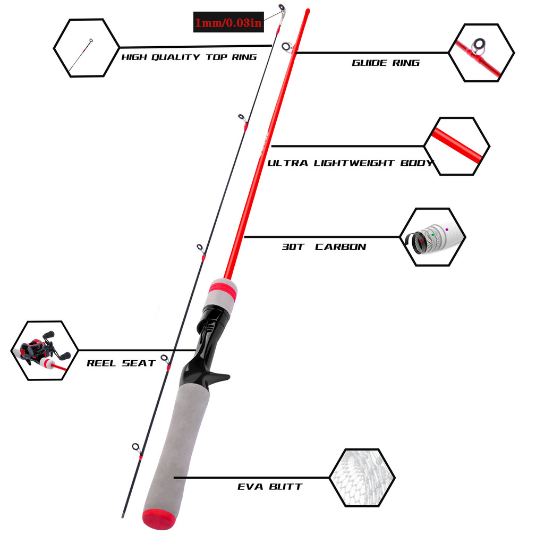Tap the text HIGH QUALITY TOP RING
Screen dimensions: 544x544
[189, 57]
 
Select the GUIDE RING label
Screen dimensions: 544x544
[385, 63]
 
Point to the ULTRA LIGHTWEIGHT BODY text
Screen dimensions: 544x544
[350, 163]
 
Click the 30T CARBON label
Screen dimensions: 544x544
[324, 246]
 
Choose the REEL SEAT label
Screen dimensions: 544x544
[121, 363]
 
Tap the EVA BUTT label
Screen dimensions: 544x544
[270, 486]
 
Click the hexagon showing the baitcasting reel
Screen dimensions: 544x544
[45, 350]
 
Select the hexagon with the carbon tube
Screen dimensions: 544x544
[432, 237]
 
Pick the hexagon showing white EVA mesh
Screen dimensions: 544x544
[362, 477]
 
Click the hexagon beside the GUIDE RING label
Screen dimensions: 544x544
[481, 52]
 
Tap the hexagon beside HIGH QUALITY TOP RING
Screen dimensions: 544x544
[87, 48]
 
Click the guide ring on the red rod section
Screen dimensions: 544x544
[287, 47]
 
